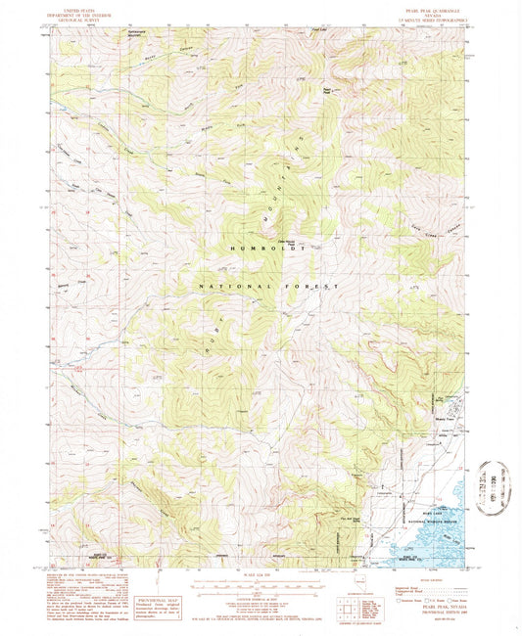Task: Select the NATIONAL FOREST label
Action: pyautogui.click(x=267, y=286)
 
